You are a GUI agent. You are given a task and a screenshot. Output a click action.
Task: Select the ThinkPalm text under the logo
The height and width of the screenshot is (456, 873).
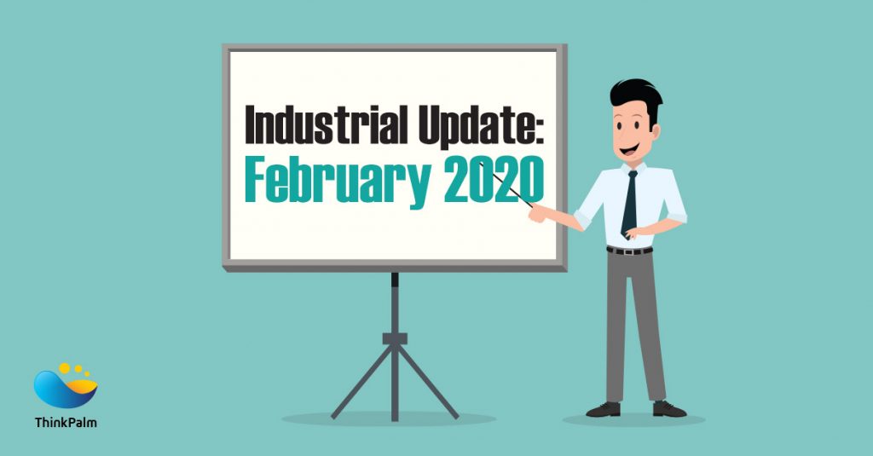66,422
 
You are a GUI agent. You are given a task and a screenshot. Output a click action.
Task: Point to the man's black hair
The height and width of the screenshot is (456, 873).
635,94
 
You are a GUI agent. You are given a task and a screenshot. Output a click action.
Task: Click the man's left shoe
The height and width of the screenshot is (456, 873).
603,409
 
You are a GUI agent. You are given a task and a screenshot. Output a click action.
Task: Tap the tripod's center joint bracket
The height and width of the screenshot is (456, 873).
395,338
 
